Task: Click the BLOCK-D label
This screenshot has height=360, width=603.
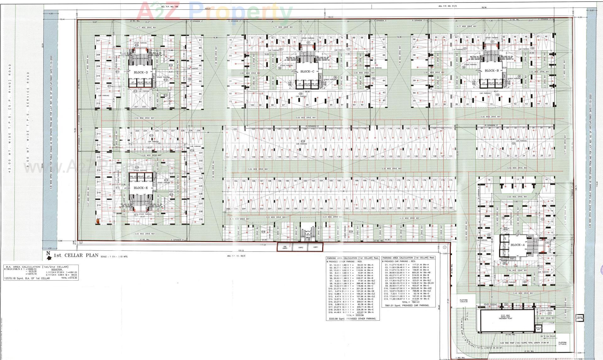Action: coord(141,73)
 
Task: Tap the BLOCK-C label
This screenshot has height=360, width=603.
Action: coord(307,72)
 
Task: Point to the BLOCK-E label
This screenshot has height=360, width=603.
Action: coord(140,188)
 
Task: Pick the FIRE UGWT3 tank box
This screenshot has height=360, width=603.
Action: coord(285,247)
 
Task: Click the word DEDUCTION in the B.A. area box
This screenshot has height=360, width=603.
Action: coord(57,270)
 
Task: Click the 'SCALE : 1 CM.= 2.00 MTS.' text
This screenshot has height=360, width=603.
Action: coord(114,256)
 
